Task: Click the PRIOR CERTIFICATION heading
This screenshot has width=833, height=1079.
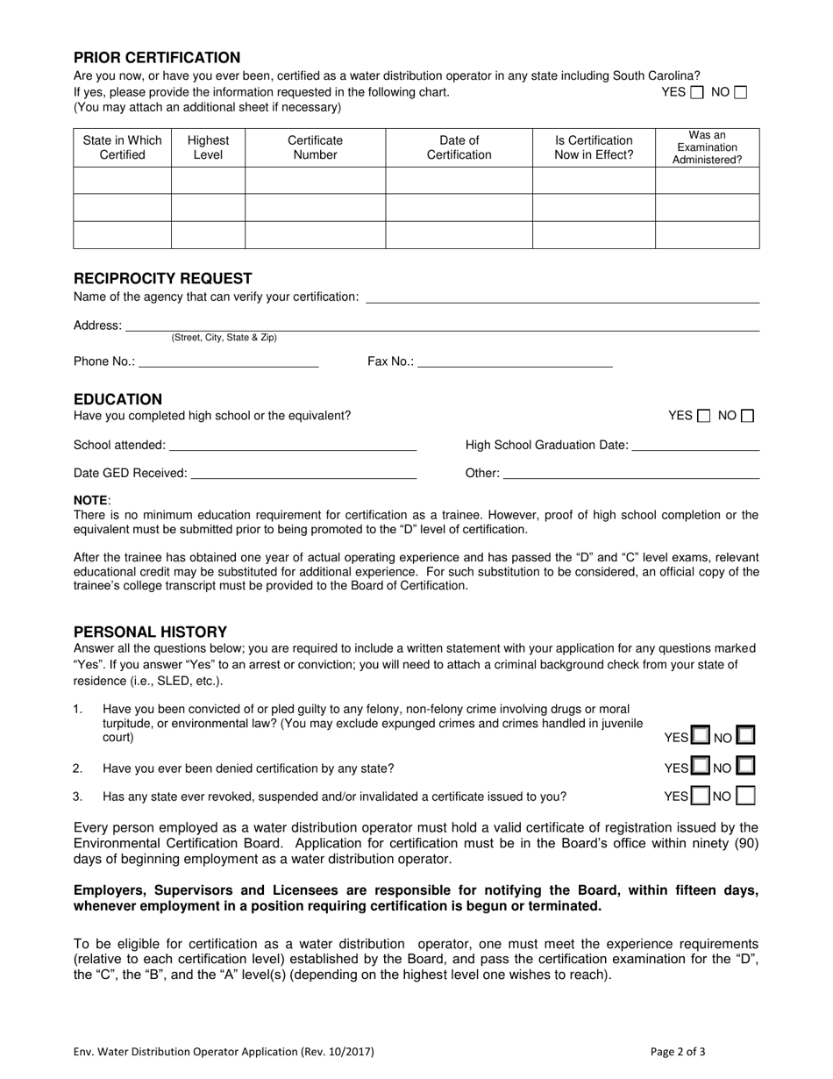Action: click(x=157, y=58)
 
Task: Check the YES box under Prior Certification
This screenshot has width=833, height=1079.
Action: click(x=697, y=92)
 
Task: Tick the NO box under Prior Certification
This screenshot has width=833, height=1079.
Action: click(x=740, y=92)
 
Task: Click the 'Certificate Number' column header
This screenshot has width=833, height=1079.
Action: click(x=315, y=147)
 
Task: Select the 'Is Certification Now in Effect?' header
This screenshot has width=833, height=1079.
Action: click(x=594, y=147)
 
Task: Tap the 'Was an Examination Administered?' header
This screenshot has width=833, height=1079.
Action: click(x=707, y=147)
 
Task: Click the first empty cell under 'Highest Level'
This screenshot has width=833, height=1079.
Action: click(x=208, y=181)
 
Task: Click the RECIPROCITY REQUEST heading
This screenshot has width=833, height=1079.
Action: click(x=163, y=278)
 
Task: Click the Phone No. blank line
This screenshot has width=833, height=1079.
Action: click(x=228, y=361)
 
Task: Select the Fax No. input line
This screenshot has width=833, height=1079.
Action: click(x=515, y=361)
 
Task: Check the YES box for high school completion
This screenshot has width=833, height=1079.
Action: click(x=703, y=416)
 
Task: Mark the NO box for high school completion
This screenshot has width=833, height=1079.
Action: click(x=747, y=416)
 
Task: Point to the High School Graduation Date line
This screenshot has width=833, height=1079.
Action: click(x=695, y=445)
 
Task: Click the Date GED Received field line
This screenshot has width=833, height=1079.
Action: click(x=303, y=473)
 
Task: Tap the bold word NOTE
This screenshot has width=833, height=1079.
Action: click(x=90, y=500)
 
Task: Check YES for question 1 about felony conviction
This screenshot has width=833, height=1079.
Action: click(x=701, y=735)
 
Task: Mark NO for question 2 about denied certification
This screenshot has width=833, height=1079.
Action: click(x=745, y=767)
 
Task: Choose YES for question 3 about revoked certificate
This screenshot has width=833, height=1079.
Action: click(x=701, y=797)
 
